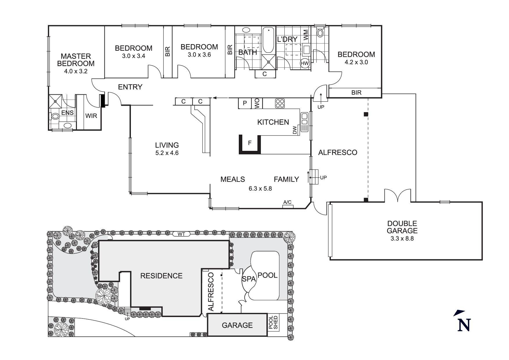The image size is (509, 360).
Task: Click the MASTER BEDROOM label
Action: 76,60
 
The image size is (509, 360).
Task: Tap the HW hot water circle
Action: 305,63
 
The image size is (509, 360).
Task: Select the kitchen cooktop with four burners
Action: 280,103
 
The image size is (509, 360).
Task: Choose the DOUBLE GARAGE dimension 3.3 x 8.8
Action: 402,239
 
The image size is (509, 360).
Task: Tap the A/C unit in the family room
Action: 288,206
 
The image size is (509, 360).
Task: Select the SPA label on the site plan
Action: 249,279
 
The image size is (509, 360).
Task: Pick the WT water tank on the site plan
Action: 182,234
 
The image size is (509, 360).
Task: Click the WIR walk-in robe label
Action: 91,116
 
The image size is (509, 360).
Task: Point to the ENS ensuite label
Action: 68,113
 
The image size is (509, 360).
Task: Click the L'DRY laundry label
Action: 287,39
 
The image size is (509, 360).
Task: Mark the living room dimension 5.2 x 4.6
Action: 167,153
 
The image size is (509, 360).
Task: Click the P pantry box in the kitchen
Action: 245,103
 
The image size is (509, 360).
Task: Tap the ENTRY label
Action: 130,87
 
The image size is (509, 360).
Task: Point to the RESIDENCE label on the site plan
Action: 161,276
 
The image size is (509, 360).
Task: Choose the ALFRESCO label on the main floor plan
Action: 338,153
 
